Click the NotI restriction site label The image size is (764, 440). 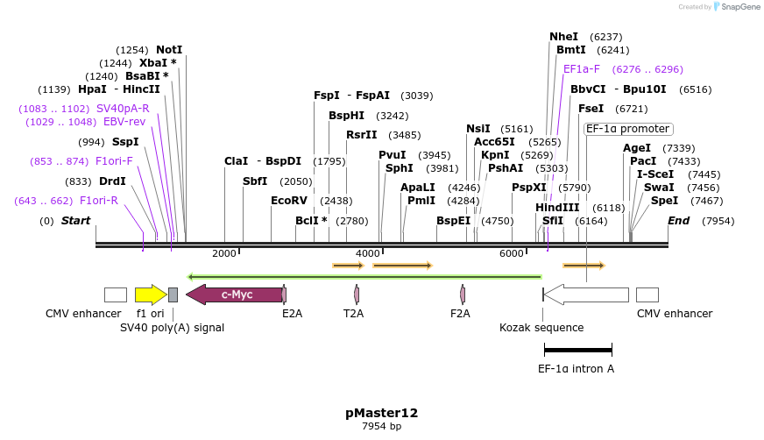[169, 50]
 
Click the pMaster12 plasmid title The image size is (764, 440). [381, 413]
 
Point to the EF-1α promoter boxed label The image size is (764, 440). [628, 129]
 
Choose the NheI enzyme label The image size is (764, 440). [563, 37]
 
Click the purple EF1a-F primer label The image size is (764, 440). [582, 69]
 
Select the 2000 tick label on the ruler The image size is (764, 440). [224, 254]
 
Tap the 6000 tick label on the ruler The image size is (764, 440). [511, 254]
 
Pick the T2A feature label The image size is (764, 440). [353, 314]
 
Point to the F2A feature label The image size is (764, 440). [460, 314]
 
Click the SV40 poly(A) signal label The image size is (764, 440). [172, 328]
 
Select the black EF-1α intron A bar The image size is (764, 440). [577, 350]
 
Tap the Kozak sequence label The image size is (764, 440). [541, 328]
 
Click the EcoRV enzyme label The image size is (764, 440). [289, 201]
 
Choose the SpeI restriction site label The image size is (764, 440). [664, 201]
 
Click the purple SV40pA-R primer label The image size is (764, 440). [123, 109]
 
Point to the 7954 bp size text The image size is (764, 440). [381, 427]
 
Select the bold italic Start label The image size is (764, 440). [75, 221]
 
